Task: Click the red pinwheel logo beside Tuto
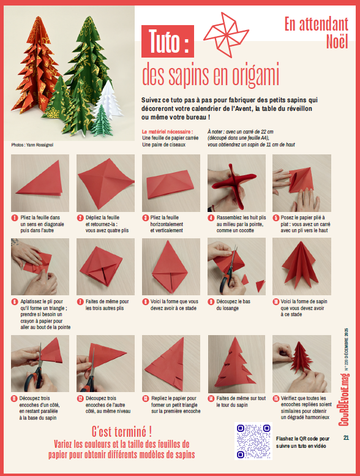tap(226, 34)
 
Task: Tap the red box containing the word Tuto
tap(168, 41)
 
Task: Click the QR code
tap(253, 441)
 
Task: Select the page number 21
tap(346, 438)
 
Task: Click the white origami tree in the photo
tap(108, 100)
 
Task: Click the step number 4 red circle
tap(211, 217)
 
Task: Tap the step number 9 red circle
tap(211, 302)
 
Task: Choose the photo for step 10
tap(302, 266)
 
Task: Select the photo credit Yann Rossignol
tap(32, 145)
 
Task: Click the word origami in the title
tap(255, 75)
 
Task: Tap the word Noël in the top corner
tap(337, 41)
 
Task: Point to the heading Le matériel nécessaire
tap(167, 132)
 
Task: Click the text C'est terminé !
tap(122, 431)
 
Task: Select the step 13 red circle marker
tap(146, 398)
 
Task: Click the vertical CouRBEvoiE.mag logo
tap(344, 399)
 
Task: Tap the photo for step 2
tap(105, 183)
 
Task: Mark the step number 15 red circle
tap(276, 398)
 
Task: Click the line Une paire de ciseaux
tap(163, 145)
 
